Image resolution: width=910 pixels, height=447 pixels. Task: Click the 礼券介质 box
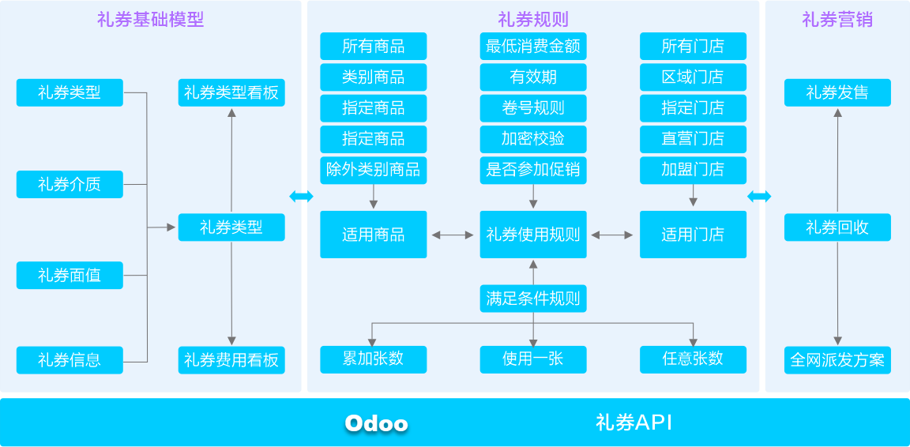coord(70,184)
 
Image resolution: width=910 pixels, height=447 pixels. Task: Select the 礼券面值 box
coord(70,275)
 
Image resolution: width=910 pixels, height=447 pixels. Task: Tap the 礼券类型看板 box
coord(231,92)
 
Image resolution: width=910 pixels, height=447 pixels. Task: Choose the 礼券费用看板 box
coord(231,360)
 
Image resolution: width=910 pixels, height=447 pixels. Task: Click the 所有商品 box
coord(373,46)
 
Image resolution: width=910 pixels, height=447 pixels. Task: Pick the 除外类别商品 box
coord(373,170)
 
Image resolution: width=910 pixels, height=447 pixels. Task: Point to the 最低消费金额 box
coord(533,46)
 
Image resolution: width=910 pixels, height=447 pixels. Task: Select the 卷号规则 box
coord(533,108)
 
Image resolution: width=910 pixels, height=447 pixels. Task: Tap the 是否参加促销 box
coord(533,170)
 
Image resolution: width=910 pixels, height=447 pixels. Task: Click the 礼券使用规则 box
coord(533,235)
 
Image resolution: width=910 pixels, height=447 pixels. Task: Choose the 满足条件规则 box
coord(533,299)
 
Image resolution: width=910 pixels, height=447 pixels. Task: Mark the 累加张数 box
coord(373,359)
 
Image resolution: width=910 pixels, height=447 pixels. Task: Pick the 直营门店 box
coord(693,139)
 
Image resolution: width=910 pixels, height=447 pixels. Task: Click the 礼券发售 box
coord(837,92)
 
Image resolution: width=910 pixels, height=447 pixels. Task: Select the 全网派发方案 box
coord(837,360)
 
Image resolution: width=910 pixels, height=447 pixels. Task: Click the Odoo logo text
coord(377,423)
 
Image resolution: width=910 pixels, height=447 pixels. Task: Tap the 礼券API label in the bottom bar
coord(634,423)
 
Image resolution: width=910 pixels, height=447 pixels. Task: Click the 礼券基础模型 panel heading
coord(150,21)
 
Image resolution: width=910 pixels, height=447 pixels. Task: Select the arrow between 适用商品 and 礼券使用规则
coord(453,235)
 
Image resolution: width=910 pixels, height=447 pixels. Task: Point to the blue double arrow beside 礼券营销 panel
coord(759,197)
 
